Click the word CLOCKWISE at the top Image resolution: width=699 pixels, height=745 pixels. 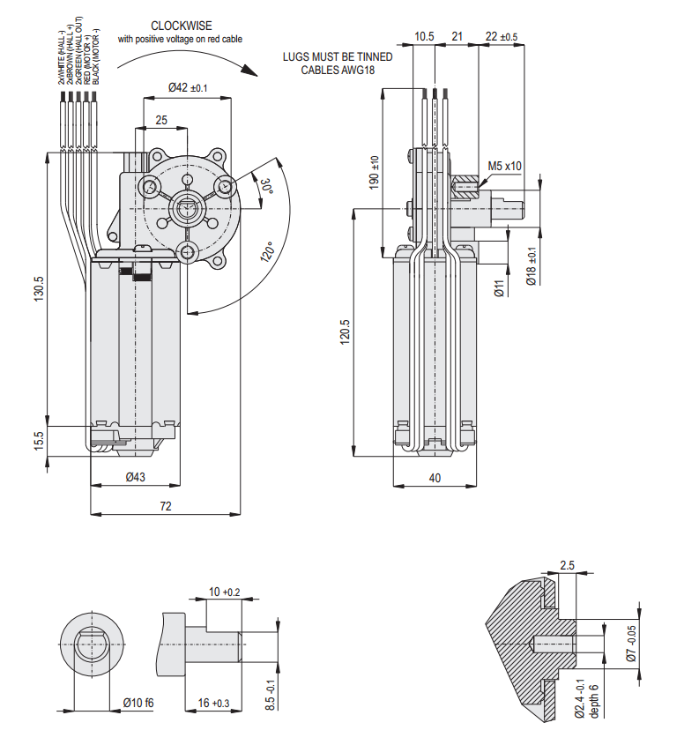[181, 26]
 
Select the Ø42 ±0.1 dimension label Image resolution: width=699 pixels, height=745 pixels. [188, 87]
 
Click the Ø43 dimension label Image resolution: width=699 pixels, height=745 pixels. [135, 477]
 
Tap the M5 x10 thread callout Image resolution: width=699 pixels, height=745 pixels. [505, 166]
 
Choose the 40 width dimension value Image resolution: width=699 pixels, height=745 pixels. [434, 478]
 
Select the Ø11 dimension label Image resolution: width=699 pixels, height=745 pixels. [498, 287]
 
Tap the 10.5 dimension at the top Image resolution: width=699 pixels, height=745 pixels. [424, 36]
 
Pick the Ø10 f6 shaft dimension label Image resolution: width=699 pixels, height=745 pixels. [138, 703]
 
